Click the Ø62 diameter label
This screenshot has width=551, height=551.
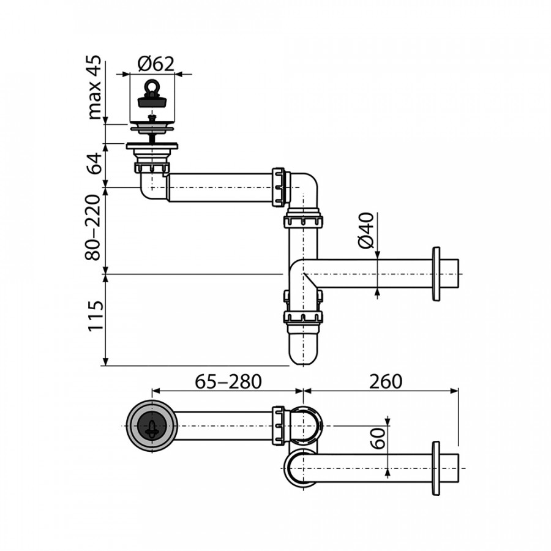click(x=156, y=63)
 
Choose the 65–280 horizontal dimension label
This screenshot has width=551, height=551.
click(x=228, y=381)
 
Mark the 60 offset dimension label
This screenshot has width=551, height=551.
click(x=379, y=438)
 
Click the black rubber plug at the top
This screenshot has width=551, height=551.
click(x=153, y=96)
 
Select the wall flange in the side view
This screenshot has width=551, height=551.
click(x=436, y=274)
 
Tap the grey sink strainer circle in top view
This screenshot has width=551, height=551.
click(x=151, y=427)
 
